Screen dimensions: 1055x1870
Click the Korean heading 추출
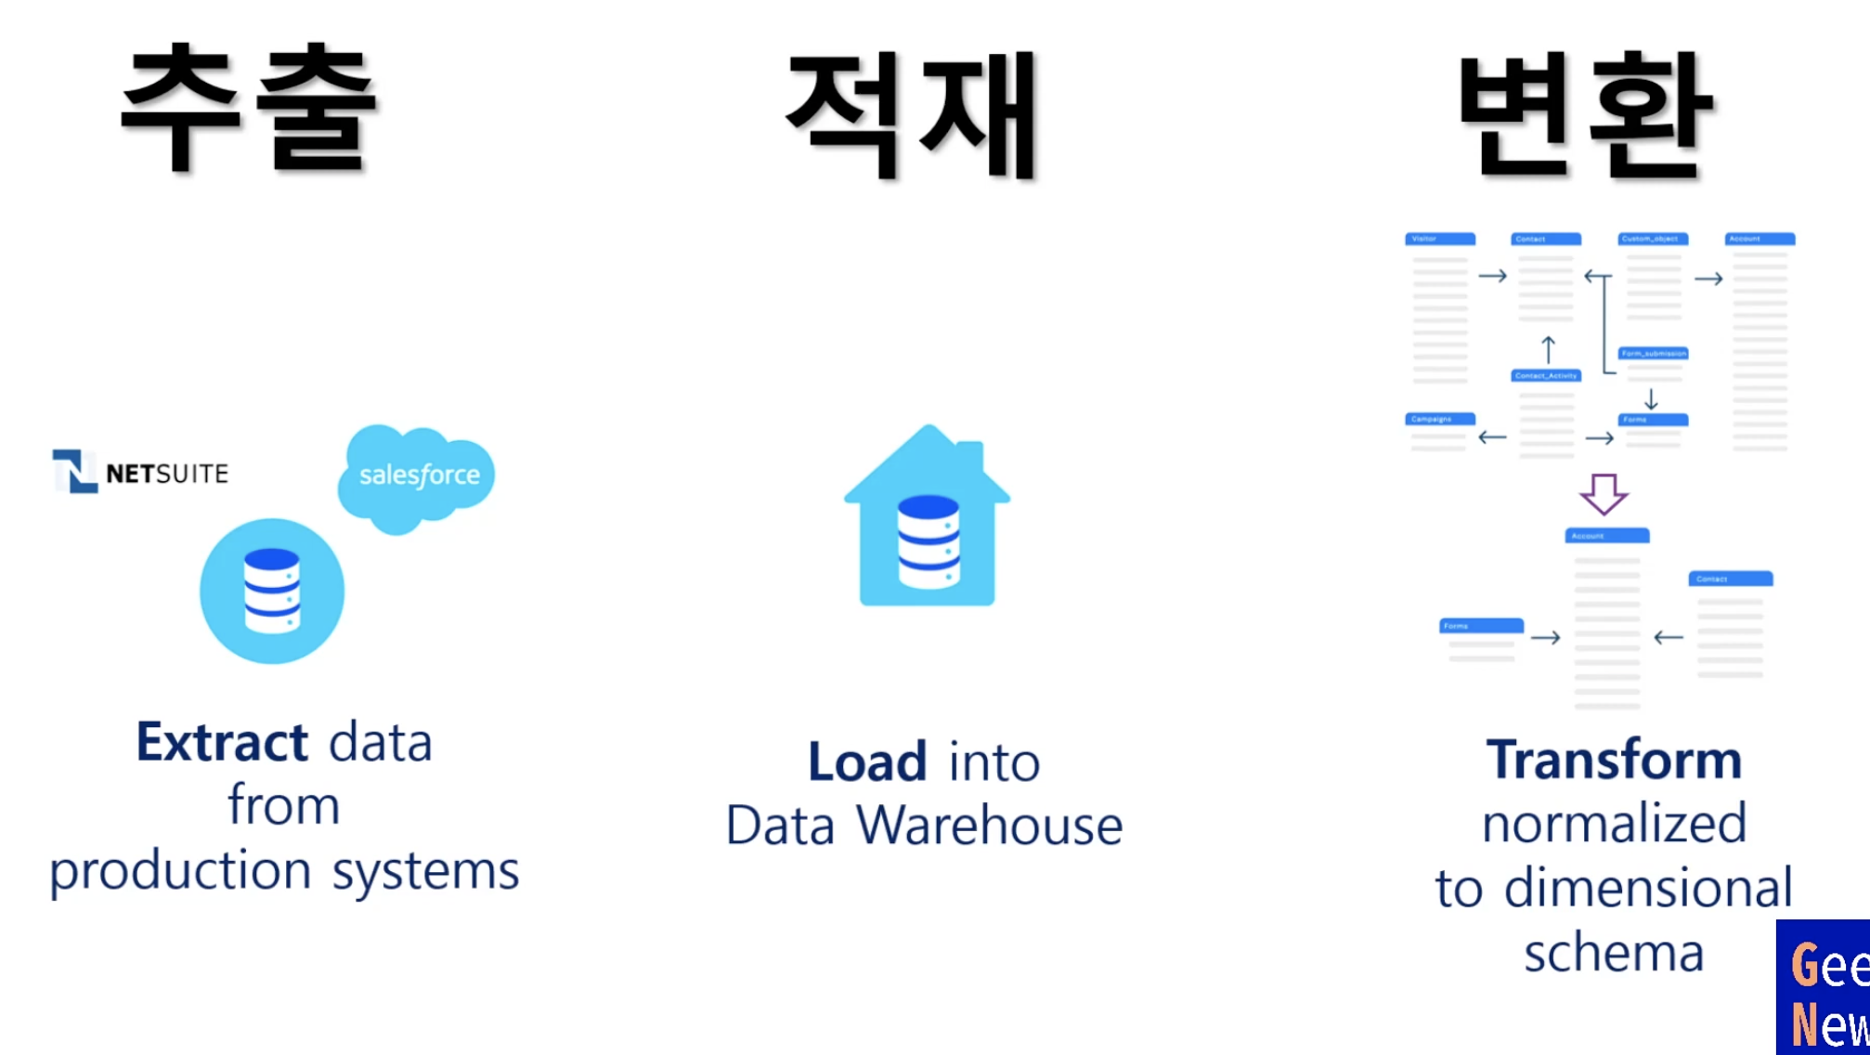249,110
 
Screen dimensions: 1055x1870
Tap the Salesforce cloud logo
417,475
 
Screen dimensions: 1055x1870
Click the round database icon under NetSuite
272,592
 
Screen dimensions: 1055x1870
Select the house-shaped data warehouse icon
927,520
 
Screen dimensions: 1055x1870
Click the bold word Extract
222,742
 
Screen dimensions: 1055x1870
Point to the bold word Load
867,762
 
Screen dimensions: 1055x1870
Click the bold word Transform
1614,760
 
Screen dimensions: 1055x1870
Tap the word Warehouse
989,826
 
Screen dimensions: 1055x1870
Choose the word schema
1614,953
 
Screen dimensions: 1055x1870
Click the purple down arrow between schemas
1604,494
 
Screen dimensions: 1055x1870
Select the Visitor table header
1439,240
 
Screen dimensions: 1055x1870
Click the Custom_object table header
1653,240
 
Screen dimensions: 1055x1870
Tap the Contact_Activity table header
1546,376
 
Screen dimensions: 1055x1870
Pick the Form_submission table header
1653,354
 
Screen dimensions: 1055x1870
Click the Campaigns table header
1439,420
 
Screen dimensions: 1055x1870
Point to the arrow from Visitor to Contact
1492,276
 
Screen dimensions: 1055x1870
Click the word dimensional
1648,888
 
